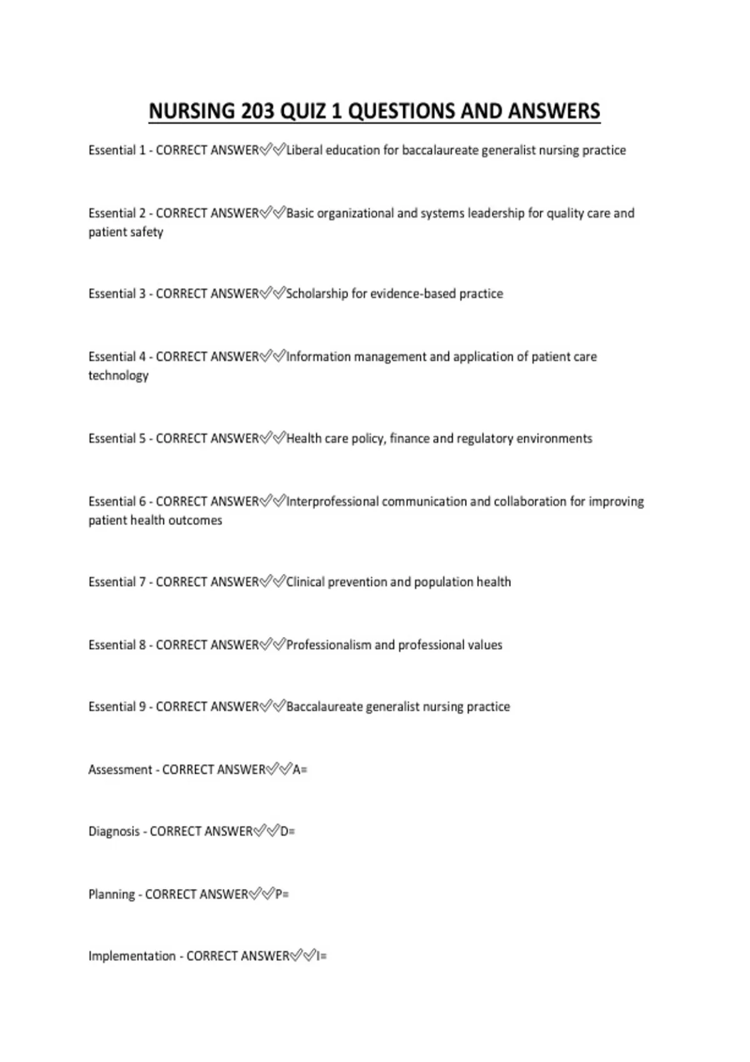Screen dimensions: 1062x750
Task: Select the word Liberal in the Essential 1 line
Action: click(x=304, y=151)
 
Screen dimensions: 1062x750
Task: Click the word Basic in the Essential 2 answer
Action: click(x=300, y=214)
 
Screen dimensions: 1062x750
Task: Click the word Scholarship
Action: click(x=316, y=294)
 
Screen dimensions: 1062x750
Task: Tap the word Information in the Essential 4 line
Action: click(x=319, y=357)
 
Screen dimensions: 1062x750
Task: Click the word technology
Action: click(x=119, y=376)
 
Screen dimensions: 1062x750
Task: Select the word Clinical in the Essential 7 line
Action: click(x=306, y=582)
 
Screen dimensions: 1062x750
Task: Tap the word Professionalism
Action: click(x=329, y=645)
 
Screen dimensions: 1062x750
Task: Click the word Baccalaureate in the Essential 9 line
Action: click(x=324, y=707)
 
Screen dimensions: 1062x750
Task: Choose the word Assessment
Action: click(x=120, y=770)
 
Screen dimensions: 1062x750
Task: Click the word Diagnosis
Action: click(x=114, y=831)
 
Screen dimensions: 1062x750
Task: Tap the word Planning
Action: click(x=112, y=895)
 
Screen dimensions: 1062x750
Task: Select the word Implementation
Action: click(x=132, y=956)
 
